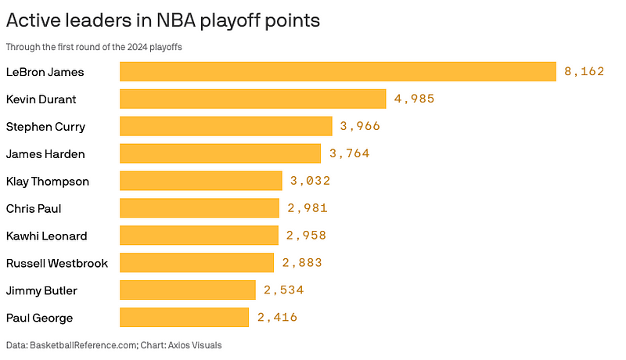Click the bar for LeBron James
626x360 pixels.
click(337, 72)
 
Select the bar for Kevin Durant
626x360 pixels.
click(253, 99)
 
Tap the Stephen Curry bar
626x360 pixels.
click(226, 126)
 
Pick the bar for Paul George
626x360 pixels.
click(184, 317)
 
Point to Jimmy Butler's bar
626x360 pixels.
click(188, 290)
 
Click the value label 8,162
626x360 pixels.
click(585, 72)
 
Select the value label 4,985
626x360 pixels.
click(414, 99)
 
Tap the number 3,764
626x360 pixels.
click(349, 153)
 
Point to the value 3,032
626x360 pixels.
click(311, 181)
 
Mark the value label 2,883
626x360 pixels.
click(302, 263)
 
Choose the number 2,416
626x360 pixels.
click(277, 317)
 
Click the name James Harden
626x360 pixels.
click(45, 153)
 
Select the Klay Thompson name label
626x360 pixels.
click(48, 181)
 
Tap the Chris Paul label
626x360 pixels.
click(34, 208)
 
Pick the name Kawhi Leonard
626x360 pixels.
click(46, 236)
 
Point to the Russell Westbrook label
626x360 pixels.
click(57, 263)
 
